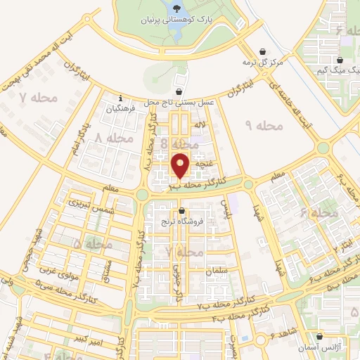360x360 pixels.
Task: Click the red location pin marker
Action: pyautogui.click(x=181, y=165)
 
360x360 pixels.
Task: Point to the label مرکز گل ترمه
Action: pyautogui.click(x=262, y=63)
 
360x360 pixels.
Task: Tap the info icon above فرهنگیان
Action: pyautogui.click(x=121, y=98)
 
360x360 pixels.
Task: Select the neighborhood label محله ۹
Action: pyautogui.click(x=264, y=125)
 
